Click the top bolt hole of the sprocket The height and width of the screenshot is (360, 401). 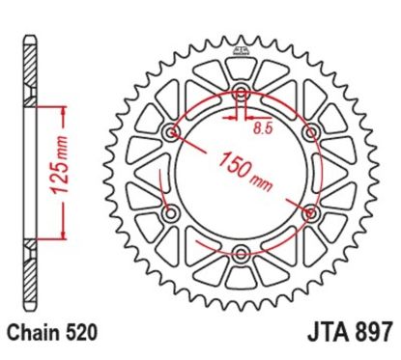(x=241, y=94)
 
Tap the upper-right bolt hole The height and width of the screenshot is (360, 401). (x=310, y=132)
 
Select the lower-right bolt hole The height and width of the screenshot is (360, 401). (x=310, y=212)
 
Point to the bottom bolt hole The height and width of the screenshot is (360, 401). (x=241, y=253)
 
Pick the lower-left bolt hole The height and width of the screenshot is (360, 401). (x=172, y=212)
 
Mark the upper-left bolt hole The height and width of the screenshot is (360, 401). (x=172, y=132)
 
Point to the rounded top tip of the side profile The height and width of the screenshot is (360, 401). (x=30, y=36)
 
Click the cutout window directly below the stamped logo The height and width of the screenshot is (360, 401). (x=241, y=66)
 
